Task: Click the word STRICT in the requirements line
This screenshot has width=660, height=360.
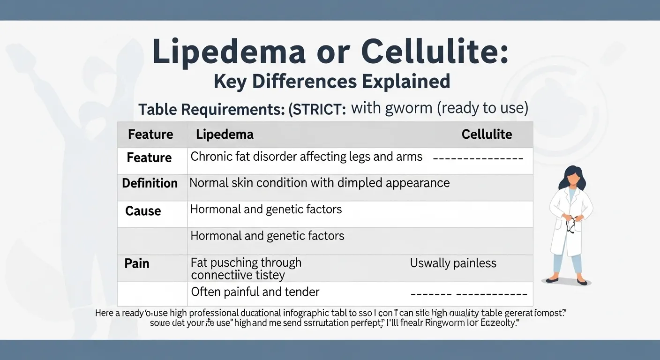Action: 319,110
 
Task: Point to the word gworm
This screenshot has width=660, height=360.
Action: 399,109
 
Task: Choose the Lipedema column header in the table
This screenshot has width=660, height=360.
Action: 225,135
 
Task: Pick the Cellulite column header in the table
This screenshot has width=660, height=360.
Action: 487,135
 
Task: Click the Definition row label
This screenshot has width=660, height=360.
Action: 150,183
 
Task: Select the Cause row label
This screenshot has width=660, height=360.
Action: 143,211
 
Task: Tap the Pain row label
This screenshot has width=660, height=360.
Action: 137,263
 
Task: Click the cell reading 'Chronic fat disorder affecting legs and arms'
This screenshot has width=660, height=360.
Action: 306,157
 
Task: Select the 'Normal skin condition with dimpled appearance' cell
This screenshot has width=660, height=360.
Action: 319,183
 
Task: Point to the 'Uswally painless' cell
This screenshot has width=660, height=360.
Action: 453,263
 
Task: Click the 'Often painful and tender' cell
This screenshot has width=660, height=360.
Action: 255,292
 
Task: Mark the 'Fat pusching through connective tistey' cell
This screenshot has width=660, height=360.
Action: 246,269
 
